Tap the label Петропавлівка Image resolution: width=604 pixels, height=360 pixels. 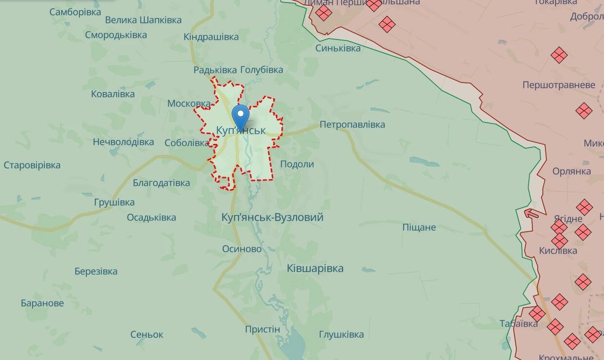click(x=352, y=124)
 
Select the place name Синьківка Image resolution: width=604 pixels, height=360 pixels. click(x=338, y=48)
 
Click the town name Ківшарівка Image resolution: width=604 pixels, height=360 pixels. click(x=315, y=268)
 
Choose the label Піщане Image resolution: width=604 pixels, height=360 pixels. click(x=419, y=227)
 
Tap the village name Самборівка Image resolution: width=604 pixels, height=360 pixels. click(x=75, y=11)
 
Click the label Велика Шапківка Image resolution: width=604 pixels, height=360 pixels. click(x=143, y=20)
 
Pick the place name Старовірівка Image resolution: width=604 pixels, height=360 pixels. click(x=32, y=165)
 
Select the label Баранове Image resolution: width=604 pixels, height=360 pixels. click(x=42, y=303)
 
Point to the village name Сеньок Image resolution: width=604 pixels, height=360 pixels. click(x=147, y=335)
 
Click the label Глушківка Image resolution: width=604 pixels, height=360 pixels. click(x=341, y=335)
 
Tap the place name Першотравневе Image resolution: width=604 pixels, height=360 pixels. click(x=559, y=85)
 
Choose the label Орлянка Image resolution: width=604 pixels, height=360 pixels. click(x=571, y=171)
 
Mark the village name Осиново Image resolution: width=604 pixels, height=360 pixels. click(x=242, y=249)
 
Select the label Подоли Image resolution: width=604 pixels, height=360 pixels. click(x=297, y=164)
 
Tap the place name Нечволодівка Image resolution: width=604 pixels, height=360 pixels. click(x=123, y=142)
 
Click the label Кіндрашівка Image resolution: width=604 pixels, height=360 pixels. click(x=211, y=37)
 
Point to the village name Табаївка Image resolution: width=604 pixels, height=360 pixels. click(x=519, y=323)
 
